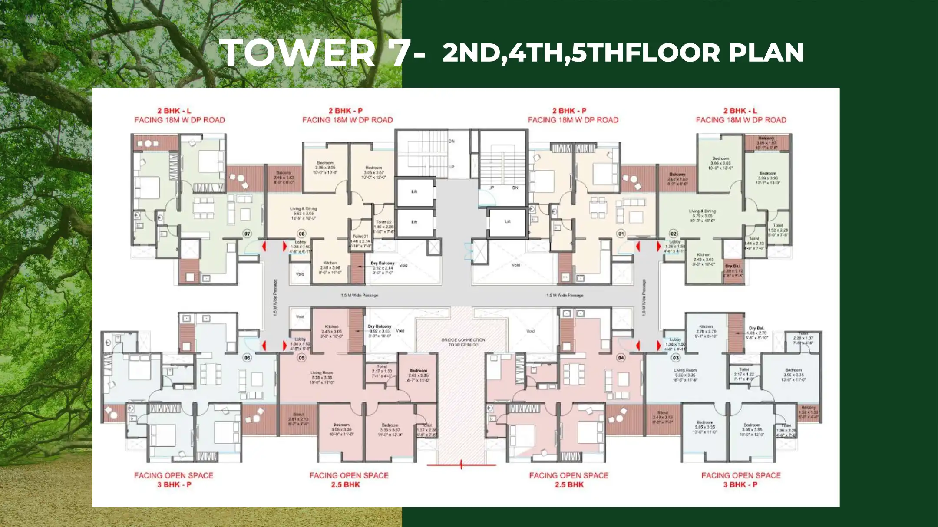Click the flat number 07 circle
(x=247, y=234)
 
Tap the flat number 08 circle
(x=301, y=234)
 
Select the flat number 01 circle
(x=621, y=234)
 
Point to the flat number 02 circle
(x=673, y=234)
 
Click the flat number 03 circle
(x=676, y=358)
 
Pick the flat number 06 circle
(x=247, y=358)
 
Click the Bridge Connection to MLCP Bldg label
(x=463, y=342)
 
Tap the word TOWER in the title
(x=297, y=53)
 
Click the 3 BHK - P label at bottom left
(x=174, y=484)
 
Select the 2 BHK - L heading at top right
(x=740, y=111)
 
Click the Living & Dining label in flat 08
(x=304, y=209)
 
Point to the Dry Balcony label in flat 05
(x=379, y=326)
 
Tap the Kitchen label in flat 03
(x=706, y=326)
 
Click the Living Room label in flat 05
(x=321, y=372)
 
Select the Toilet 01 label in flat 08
(x=360, y=237)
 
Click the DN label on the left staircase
(x=451, y=141)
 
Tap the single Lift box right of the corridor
(x=507, y=222)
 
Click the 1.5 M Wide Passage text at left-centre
(x=359, y=295)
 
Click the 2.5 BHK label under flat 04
(x=569, y=484)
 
